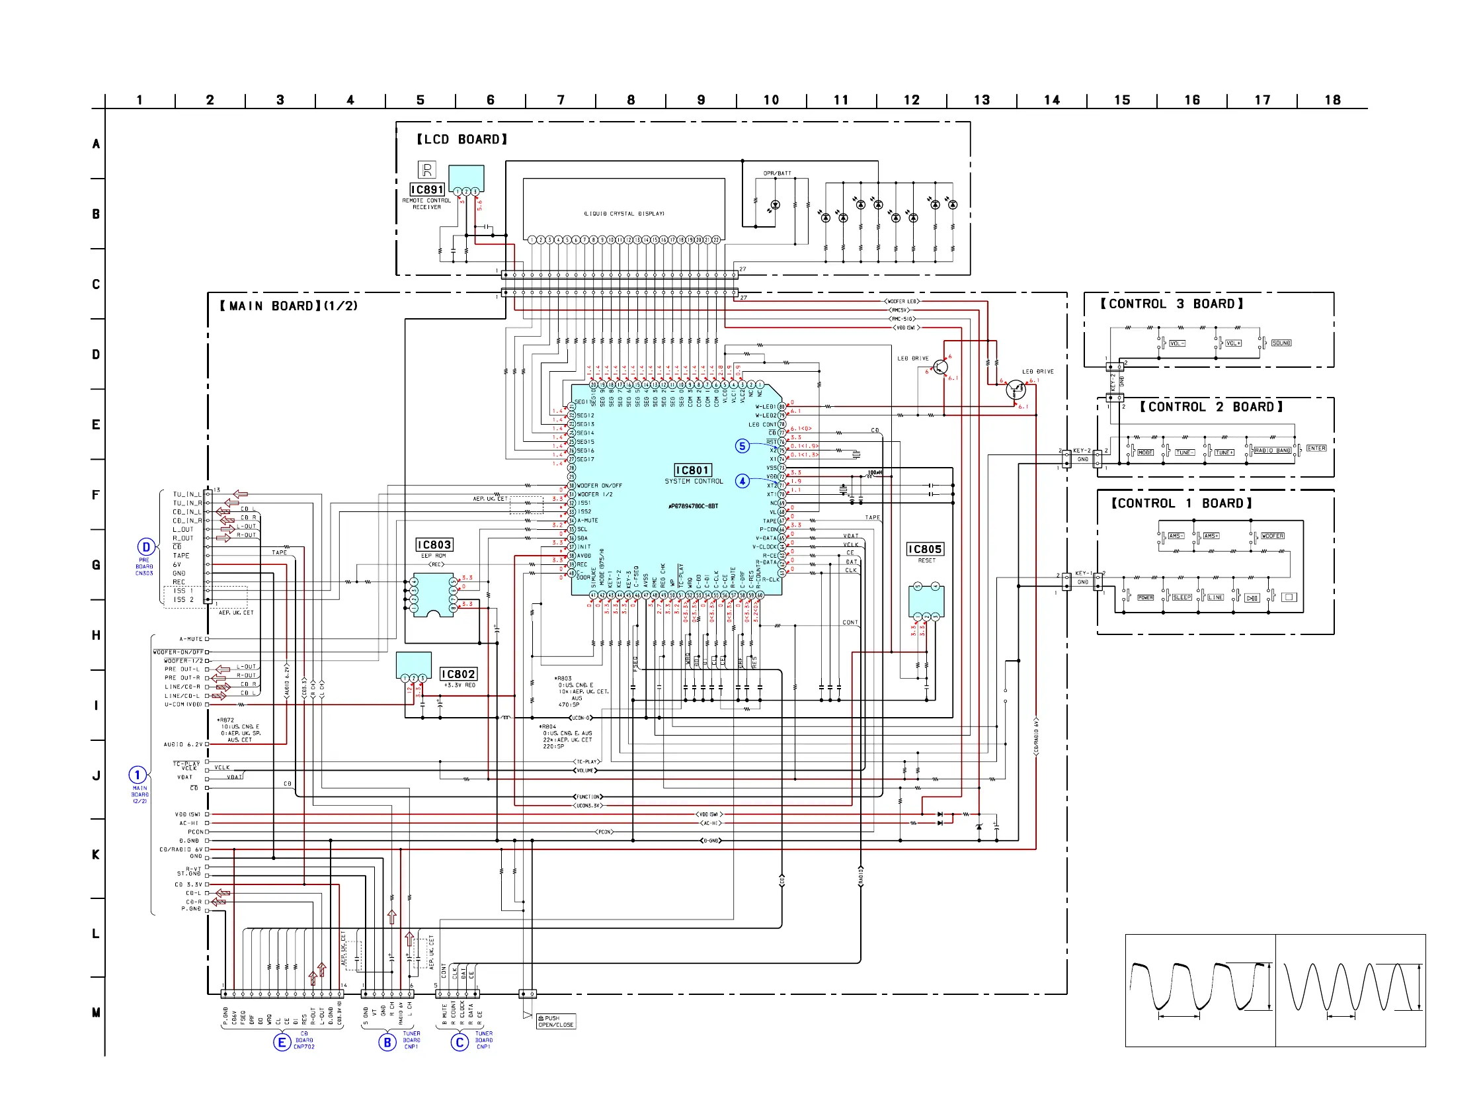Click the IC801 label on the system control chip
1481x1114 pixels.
pos(692,470)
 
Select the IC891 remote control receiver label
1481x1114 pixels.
pos(426,190)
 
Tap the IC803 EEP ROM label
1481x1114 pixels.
pos(434,544)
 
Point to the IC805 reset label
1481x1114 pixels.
pos(924,549)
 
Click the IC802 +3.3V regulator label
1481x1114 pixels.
pos(458,674)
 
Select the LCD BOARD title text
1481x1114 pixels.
pos(461,140)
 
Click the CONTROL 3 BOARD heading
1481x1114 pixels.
pos(1171,304)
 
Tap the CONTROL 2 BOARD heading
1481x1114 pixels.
pos(1211,407)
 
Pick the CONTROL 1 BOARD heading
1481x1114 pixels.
pos(1181,503)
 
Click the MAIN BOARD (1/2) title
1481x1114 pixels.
pos(288,306)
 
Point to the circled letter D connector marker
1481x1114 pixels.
pos(146,546)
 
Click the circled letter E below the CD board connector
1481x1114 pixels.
pos(282,1043)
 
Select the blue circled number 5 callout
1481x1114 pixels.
pos(742,446)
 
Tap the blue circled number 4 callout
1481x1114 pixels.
pos(742,481)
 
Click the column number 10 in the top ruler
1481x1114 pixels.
pos(771,101)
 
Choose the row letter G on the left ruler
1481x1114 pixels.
pos(96,565)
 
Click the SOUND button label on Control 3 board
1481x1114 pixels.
pos(1281,343)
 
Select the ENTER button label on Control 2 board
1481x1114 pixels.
pos(1316,448)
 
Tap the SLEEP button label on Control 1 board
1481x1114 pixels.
pos(1181,597)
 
